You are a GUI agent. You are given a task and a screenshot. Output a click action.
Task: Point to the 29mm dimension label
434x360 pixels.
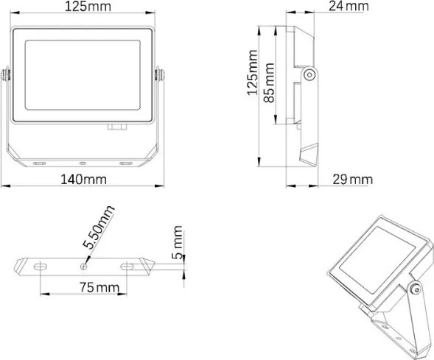pos(351,180)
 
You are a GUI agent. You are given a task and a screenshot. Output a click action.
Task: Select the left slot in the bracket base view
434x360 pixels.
pos(39,264)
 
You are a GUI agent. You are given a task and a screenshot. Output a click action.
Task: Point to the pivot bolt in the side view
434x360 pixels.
pos(310,73)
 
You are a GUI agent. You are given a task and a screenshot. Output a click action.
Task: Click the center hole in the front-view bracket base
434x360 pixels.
pos(83,162)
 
